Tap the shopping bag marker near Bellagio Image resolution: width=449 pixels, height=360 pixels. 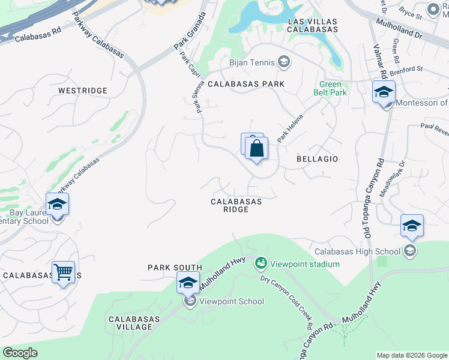(x=256, y=148)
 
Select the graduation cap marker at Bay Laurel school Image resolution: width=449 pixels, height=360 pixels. (x=57, y=204)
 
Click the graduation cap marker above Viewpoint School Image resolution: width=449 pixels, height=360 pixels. (x=188, y=283)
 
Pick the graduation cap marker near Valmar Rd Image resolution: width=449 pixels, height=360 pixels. (x=384, y=92)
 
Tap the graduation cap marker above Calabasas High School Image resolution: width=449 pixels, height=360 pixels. (x=412, y=226)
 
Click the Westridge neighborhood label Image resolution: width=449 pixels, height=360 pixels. (x=83, y=91)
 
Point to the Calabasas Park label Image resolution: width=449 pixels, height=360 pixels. (x=246, y=85)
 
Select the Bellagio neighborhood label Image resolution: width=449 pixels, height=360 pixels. (x=318, y=159)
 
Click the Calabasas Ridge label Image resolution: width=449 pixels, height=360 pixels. (x=236, y=205)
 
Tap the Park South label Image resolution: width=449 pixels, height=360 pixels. (x=175, y=267)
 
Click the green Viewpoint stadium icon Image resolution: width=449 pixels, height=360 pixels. (x=261, y=263)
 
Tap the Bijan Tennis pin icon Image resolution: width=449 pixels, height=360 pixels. (x=284, y=62)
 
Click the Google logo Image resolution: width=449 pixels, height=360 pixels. (x=20, y=353)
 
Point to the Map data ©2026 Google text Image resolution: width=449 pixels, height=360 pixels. (x=411, y=355)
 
